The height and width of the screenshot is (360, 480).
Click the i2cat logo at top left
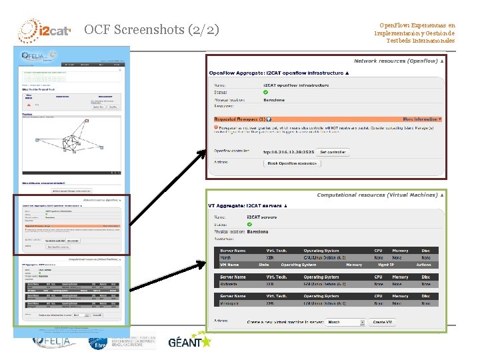point(44,29)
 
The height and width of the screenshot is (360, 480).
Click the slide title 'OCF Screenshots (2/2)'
point(151,29)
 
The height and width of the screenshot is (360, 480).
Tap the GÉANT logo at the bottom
point(189,342)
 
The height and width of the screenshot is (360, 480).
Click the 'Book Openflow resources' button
point(291,163)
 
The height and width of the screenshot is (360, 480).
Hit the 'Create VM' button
point(383,321)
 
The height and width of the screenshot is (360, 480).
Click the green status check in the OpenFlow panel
point(266,93)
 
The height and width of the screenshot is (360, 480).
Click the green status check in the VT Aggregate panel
point(249,225)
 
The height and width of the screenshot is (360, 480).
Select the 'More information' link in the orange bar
point(421,119)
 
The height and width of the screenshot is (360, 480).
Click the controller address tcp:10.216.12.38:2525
point(288,152)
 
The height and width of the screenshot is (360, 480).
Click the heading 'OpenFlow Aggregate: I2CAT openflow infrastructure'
point(277,73)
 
